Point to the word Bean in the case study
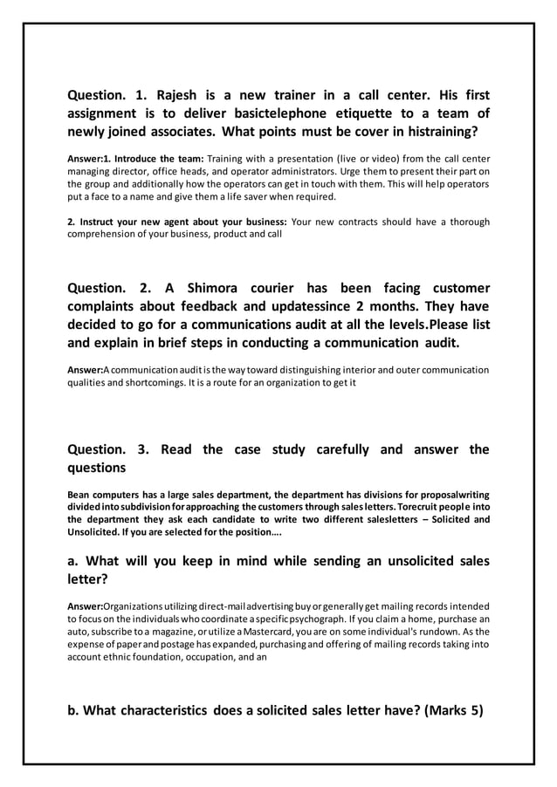coord(81,496)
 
